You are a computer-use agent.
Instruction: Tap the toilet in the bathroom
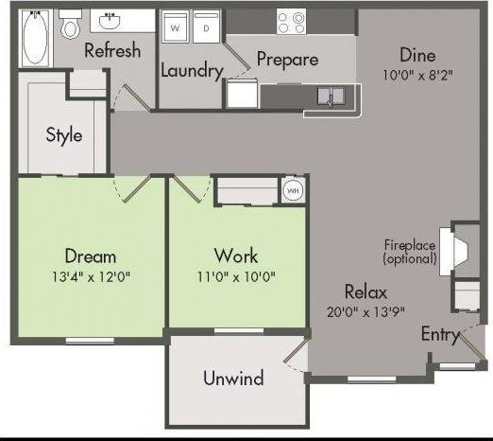click(70, 27)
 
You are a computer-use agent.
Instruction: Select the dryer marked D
click(206, 29)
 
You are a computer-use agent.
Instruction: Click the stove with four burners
click(293, 21)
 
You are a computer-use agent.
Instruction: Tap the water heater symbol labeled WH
click(292, 190)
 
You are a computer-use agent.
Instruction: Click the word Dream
click(91, 256)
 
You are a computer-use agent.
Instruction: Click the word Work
click(236, 256)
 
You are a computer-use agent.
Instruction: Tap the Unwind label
click(233, 379)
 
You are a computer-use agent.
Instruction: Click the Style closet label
click(64, 134)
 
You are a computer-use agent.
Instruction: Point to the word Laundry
click(192, 70)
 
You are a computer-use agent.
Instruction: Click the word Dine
click(418, 54)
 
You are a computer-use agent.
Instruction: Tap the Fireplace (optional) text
click(410, 251)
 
